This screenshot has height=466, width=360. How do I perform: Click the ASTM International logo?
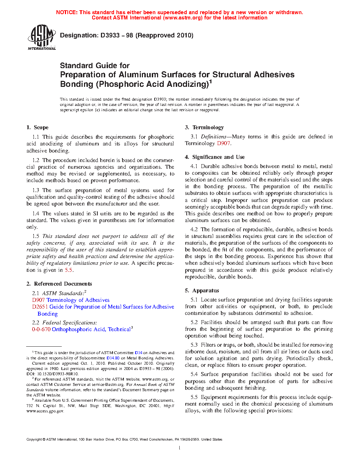[x=41, y=37]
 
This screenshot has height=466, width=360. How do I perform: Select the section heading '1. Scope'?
[x=37, y=127]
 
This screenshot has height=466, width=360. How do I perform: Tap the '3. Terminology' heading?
[x=204, y=127]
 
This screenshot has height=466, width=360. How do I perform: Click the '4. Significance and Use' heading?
[x=215, y=157]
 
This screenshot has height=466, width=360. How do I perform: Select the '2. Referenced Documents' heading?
[x=59, y=284]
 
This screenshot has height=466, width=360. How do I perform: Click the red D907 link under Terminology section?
[x=223, y=143]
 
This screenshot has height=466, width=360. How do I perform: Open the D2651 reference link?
[x=40, y=307]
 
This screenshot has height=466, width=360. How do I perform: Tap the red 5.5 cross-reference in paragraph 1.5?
[x=68, y=270]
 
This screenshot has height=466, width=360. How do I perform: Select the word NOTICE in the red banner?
[x=67, y=12]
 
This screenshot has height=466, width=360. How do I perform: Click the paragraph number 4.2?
[x=194, y=229]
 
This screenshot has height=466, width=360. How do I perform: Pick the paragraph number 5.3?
[x=194, y=345]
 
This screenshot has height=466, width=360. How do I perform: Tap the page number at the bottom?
[x=180, y=448]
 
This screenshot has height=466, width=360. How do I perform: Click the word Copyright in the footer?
[x=34, y=440]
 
